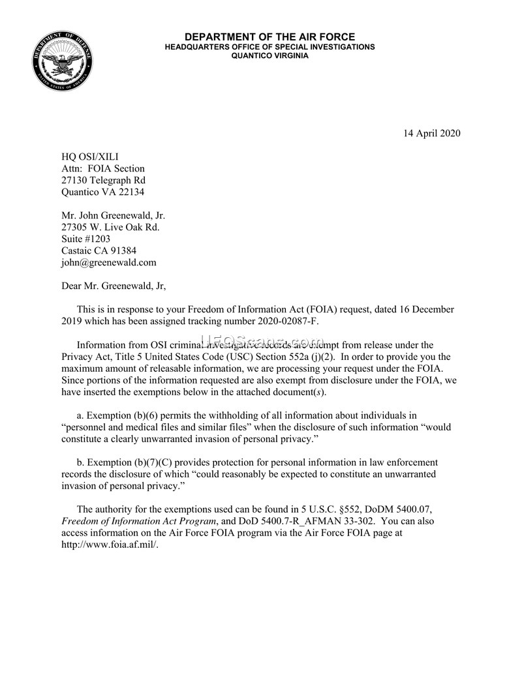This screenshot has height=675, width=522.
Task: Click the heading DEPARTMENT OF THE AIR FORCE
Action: point(269,37)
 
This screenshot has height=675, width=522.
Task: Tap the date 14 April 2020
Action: point(431,134)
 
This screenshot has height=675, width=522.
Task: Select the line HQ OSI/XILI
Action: point(90,157)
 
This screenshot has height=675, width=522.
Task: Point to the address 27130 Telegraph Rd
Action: point(103,180)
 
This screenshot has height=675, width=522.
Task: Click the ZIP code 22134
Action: point(130,192)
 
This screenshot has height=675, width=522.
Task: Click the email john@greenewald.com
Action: point(109,262)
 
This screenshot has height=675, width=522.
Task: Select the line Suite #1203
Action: point(86,239)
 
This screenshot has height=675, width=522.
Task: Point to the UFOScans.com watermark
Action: point(261,341)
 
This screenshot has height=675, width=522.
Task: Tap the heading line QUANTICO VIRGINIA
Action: point(269,56)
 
